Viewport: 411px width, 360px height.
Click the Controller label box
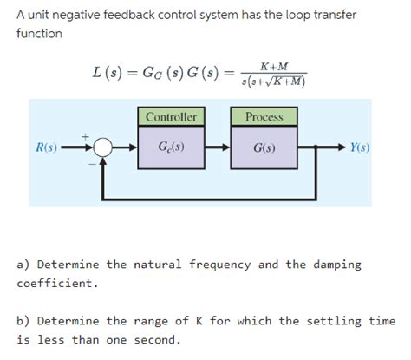171,116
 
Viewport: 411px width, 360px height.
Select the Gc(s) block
171,147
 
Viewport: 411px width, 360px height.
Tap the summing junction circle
103,147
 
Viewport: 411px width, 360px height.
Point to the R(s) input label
45,147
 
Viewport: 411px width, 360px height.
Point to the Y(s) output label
360,147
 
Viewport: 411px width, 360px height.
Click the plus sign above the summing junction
85,135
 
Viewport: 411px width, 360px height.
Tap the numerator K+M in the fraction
275,66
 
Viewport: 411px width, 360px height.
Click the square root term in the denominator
285,82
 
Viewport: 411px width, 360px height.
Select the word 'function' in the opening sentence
40,33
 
